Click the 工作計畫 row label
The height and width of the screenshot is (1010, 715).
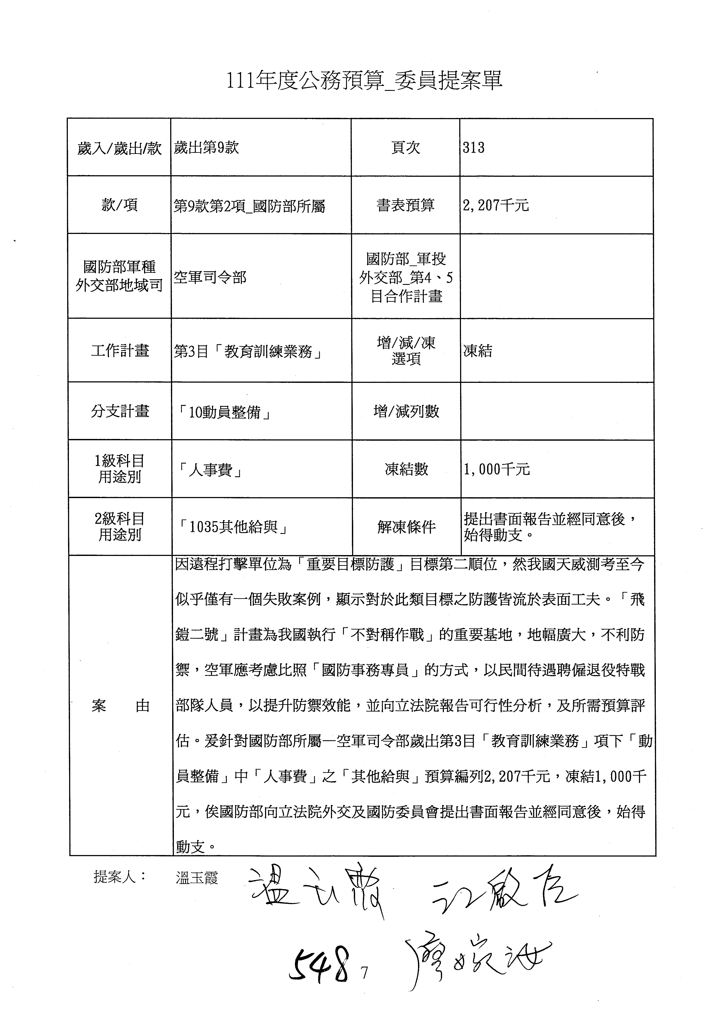click(120, 351)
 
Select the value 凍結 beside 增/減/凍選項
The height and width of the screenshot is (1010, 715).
click(478, 351)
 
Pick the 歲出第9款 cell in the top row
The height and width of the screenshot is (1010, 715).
click(206, 147)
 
